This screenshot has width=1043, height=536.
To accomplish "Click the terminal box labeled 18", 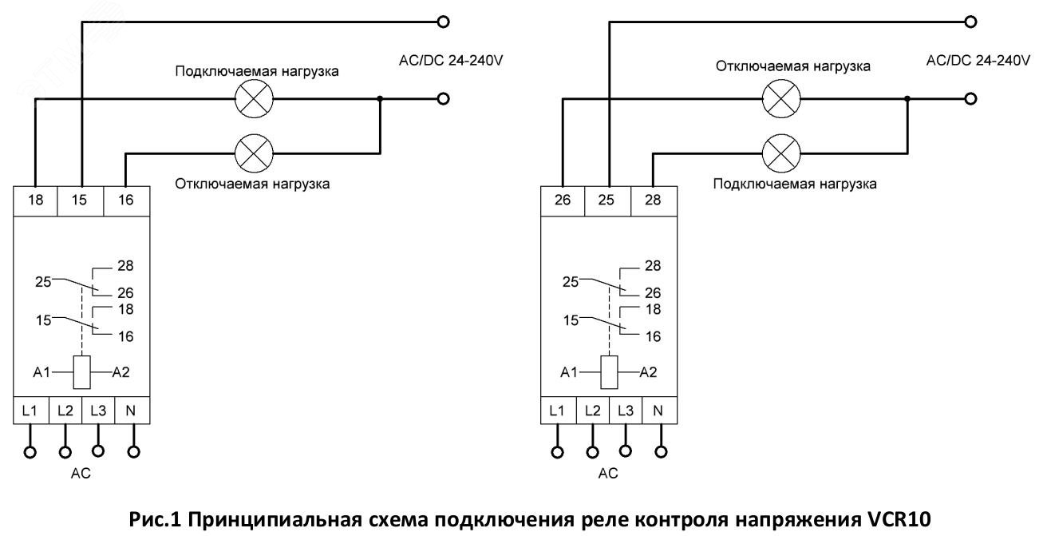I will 34,201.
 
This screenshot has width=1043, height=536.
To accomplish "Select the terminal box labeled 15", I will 81,201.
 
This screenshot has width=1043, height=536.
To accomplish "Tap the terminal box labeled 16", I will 126,201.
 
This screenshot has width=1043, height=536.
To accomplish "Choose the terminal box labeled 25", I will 607,201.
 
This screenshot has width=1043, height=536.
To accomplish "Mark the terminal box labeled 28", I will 653,201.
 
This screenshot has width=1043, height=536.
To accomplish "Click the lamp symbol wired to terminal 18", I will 254,99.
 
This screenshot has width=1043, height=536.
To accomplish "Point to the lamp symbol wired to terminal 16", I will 254,150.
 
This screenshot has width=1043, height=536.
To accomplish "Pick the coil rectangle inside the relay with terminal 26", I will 608,372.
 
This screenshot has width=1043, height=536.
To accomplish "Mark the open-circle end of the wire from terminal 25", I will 970,22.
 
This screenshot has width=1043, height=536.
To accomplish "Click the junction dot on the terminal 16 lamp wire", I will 380,99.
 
